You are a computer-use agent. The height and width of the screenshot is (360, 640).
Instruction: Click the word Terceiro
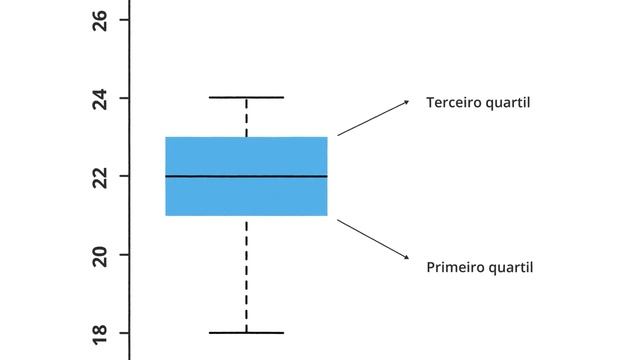(455, 102)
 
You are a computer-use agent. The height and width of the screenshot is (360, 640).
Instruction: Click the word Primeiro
(455, 267)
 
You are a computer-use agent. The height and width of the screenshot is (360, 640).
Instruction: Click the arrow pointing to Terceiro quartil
(372, 118)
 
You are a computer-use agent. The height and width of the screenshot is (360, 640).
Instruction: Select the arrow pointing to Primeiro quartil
(372, 239)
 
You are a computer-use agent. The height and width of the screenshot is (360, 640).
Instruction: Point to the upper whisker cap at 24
(246, 98)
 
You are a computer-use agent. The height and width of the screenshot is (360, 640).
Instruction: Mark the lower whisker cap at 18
(246, 332)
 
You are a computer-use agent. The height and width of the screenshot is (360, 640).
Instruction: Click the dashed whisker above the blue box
(246, 118)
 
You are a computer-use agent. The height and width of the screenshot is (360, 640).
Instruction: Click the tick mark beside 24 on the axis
(124, 98)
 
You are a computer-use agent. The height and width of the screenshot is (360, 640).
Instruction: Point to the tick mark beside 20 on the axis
(124, 254)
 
